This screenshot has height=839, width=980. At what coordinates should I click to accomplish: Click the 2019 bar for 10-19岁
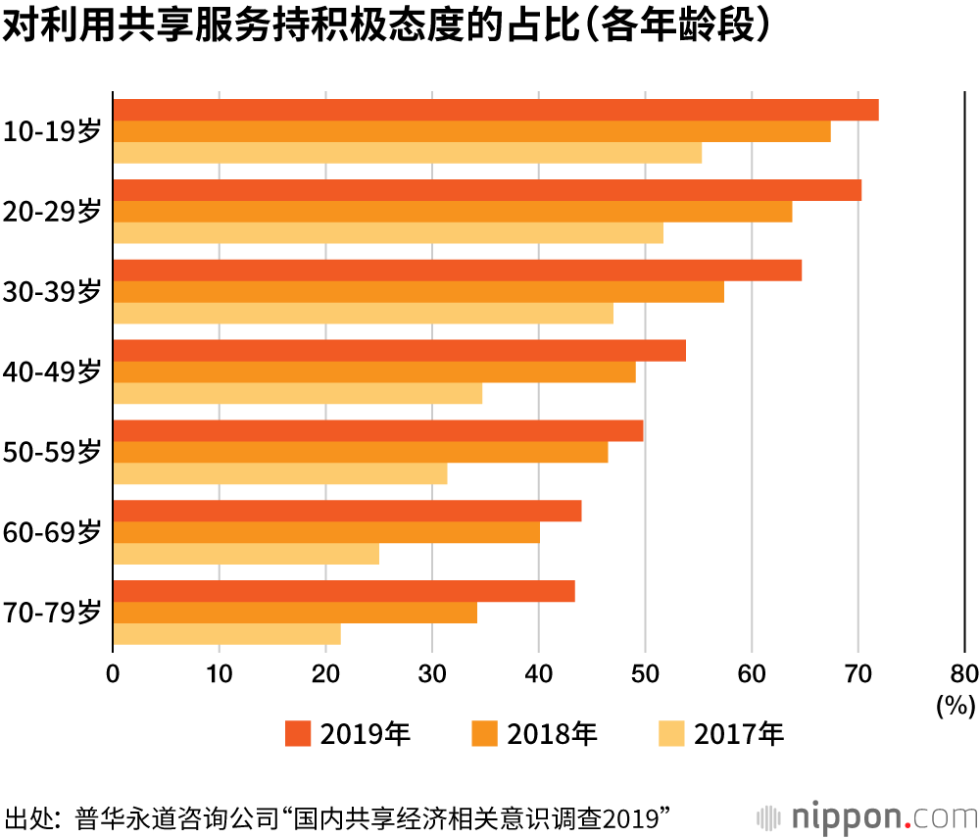tap(495, 110)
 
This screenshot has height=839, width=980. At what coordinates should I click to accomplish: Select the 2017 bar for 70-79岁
tap(226, 634)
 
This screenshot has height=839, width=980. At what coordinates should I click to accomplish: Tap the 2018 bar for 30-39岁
tap(418, 291)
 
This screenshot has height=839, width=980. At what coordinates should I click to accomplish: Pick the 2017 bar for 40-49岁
tap(297, 393)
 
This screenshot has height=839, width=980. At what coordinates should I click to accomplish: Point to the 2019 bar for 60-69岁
tap(347, 511)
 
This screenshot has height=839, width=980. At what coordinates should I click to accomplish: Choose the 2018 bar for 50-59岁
tap(360, 452)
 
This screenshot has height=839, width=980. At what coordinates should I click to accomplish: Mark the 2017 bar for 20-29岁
tap(388, 232)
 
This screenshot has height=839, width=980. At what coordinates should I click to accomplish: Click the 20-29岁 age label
tap(52, 212)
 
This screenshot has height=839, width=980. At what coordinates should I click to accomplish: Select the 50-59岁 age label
tap(52, 452)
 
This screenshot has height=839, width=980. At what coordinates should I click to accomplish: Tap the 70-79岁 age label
tap(52, 613)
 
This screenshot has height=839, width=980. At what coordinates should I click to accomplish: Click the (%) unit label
tap(955, 704)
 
